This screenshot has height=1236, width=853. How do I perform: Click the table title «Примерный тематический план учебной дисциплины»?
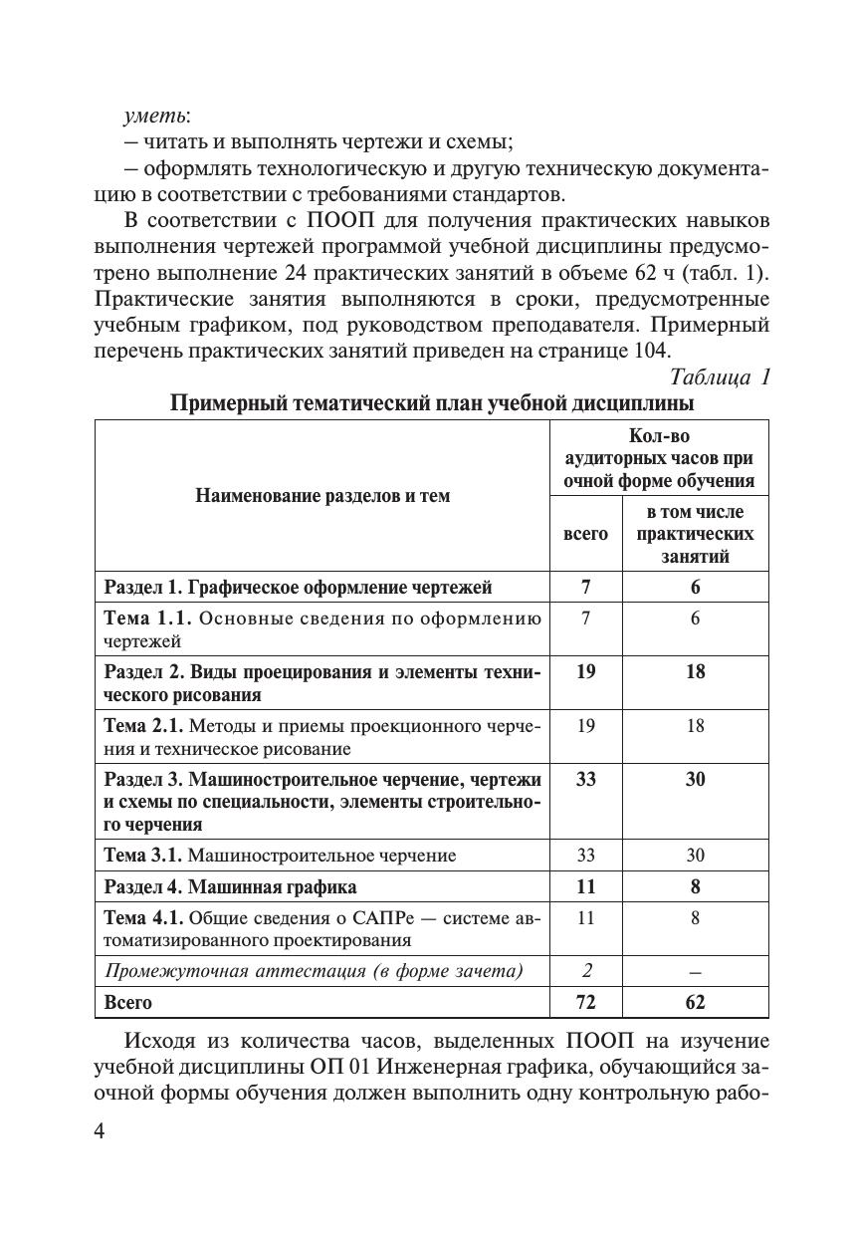point(431,403)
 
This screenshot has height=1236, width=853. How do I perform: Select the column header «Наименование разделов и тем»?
point(321,495)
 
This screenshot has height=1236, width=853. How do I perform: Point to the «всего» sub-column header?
point(585,534)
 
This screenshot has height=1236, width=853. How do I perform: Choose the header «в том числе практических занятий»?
point(695,534)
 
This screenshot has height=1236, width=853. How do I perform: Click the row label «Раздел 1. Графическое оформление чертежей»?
point(299,587)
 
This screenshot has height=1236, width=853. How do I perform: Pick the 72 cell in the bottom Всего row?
point(585,1002)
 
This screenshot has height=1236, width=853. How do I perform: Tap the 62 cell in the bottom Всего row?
point(695,1002)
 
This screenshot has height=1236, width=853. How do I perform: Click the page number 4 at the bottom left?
point(99,1132)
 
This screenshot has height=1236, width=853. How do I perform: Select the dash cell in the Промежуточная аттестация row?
point(695,971)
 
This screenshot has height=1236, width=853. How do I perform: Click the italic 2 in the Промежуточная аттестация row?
point(585,971)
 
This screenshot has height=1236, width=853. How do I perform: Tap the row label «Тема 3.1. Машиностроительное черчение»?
point(281,855)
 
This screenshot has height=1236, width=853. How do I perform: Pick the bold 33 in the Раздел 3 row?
point(585,779)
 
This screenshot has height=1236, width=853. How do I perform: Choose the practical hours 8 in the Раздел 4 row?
point(695,886)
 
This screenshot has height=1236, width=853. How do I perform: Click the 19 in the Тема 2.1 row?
point(585,725)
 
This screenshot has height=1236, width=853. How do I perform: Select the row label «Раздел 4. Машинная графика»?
point(231,886)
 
